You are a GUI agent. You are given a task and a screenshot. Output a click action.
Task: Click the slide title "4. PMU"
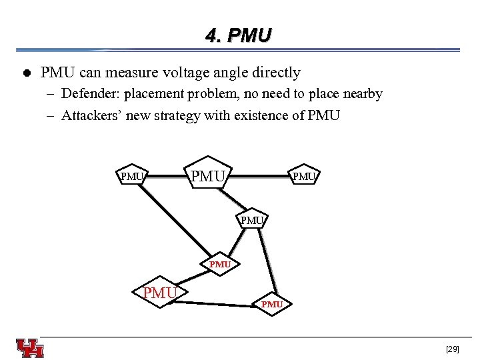pos(239,35)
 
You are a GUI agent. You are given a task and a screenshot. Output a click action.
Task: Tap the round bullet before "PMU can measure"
pos(25,73)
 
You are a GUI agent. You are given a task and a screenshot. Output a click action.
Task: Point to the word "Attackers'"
pos(89,115)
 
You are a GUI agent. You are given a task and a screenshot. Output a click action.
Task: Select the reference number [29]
pos(452,349)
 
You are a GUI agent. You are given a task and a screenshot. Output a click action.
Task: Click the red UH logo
pos(30,348)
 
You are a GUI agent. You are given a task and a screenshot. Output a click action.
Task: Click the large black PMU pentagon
pos(209,177)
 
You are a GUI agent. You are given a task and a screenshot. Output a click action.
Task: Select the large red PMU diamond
pos(161,293)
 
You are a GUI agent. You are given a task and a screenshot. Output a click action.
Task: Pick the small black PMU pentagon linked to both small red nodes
pos(252,220)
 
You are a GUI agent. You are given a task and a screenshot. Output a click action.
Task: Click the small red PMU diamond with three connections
pos(220,264)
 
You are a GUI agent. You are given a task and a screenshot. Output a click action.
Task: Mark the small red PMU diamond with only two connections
pos(272,304)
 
